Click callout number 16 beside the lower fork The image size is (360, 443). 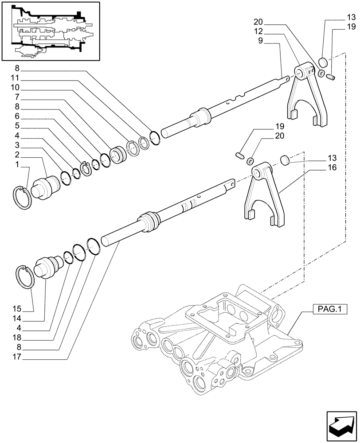(333, 168)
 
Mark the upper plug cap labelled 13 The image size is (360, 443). (323, 62)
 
